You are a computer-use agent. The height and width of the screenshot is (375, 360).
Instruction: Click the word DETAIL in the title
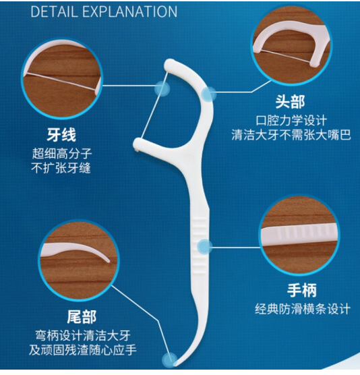click(x=54, y=11)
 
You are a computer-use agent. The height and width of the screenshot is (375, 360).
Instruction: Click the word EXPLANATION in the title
click(x=130, y=11)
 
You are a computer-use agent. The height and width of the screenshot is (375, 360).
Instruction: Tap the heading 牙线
click(x=61, y=135)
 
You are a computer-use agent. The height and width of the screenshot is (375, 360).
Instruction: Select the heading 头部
click(x=290, y=102)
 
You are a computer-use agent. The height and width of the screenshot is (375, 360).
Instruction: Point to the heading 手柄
click(x=301, y=290)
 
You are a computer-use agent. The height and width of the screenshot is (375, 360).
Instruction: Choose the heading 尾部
click(x=82, y=317)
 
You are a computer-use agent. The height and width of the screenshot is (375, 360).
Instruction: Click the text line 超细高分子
click(x=62, y=153)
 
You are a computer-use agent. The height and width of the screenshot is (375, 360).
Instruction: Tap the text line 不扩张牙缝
click(x=61, y=168)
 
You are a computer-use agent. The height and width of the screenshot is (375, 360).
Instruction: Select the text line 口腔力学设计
click(x=291, y=121)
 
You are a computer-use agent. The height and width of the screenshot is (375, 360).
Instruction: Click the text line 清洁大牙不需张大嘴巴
click(x=291, y=135)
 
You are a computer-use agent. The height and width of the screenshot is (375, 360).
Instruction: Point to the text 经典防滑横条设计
click(x=303, y=309)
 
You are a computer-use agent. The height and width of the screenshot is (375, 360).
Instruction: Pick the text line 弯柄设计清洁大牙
click(x=83, y=335)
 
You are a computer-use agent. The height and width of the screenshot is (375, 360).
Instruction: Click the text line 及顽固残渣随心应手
click(x=83, y=350)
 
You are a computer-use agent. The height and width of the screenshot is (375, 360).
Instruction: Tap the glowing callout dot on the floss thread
click(x=162, y=89)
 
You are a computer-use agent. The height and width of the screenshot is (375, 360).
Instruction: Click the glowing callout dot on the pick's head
click(x=209, y=94)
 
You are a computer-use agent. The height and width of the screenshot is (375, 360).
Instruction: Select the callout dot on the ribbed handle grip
click(x=205, y=247)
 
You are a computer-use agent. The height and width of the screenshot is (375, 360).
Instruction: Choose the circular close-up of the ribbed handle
click(x=299, y=235)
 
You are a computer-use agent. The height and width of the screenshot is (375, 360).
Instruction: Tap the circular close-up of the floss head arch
click(x=291, y=45)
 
